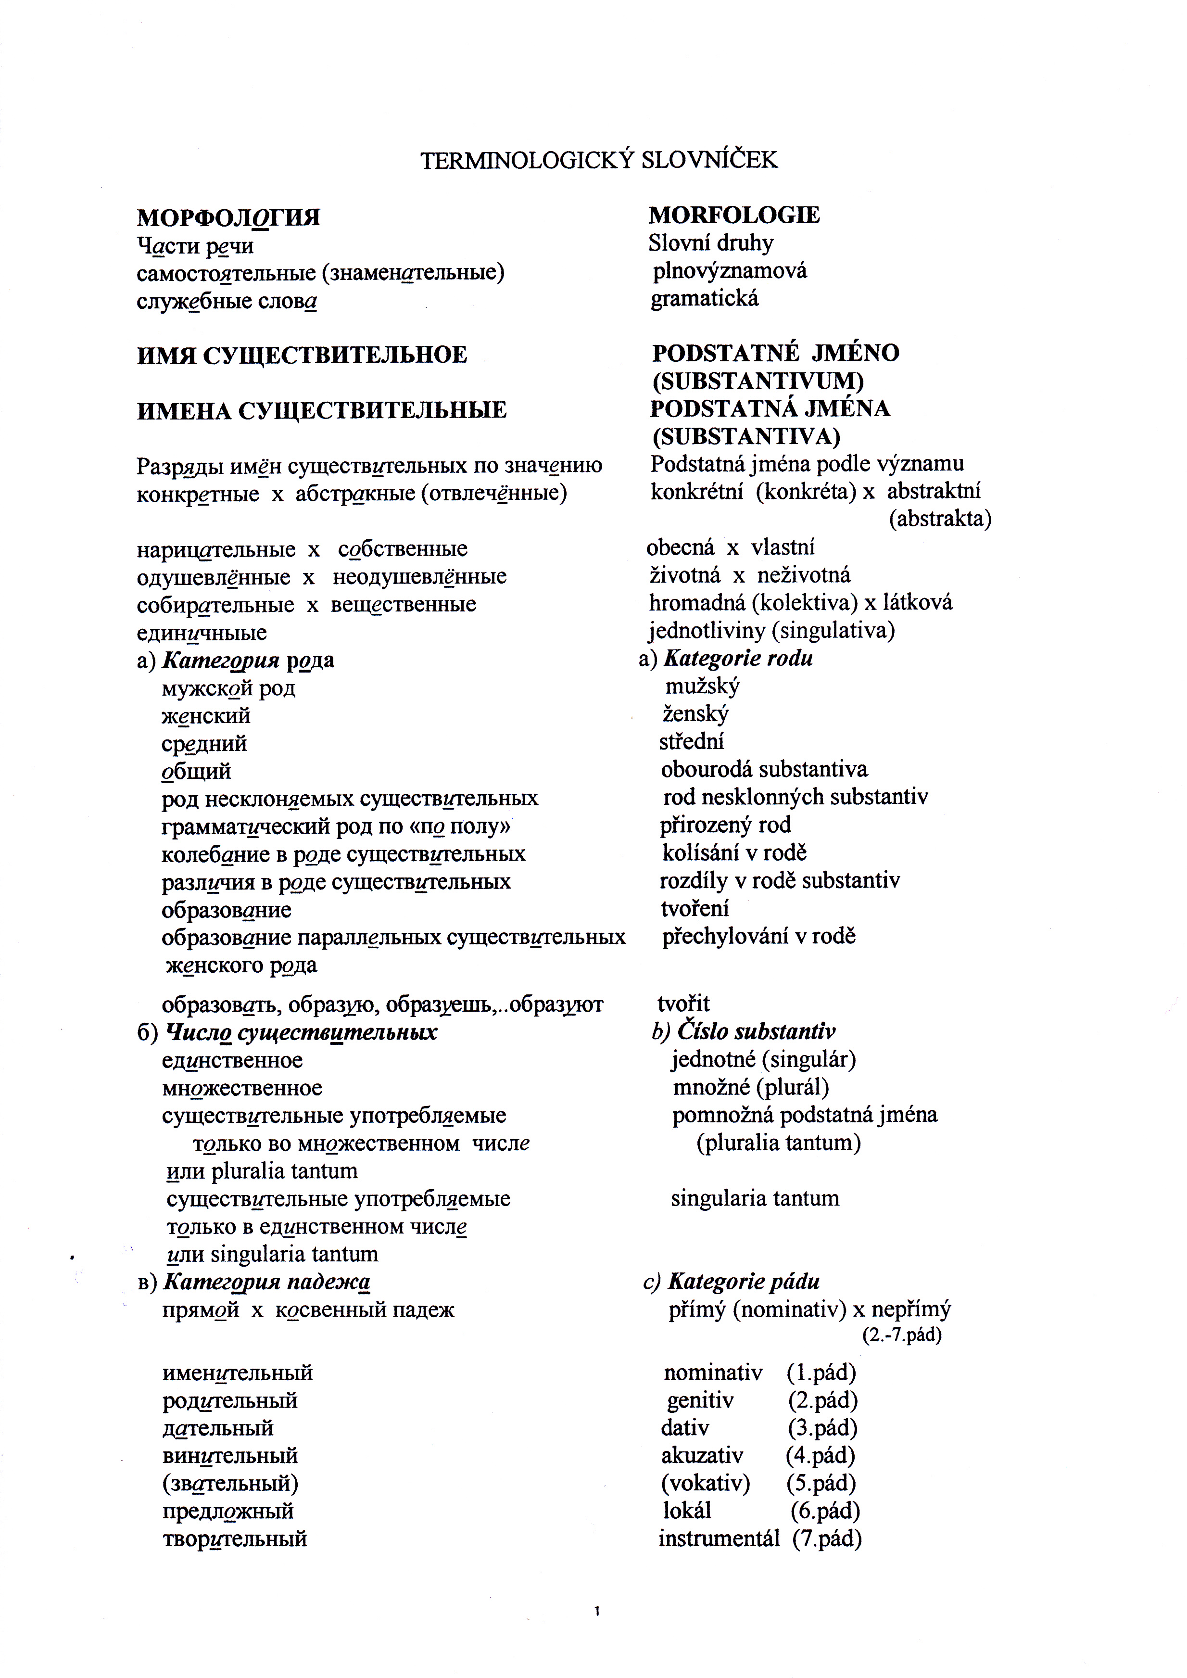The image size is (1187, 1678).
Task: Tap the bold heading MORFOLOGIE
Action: click(734, 215)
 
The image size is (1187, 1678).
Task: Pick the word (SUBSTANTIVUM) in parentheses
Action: click(758, 381)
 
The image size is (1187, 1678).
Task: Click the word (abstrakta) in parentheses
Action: click(940, 519)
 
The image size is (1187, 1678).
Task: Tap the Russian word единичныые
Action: click(202, 633)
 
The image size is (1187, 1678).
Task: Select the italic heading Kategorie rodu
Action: click(737, 659)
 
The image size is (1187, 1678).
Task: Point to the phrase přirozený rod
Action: click(725, 825)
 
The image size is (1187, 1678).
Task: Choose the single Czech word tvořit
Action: click(683, 1004)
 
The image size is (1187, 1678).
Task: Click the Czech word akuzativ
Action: click(702, 1456)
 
